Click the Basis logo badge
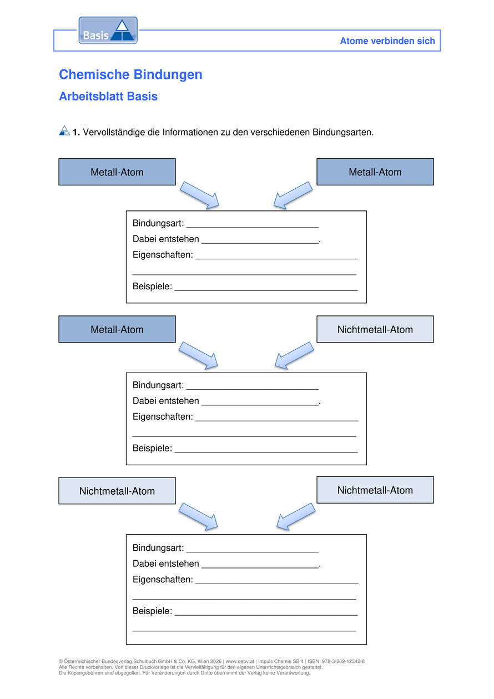(108, 31)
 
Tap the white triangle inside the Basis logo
(122, 26)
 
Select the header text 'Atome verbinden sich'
(387, 41)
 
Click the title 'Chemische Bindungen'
(131, 74)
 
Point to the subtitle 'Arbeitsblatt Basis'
(108, 97)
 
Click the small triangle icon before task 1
(64, 130)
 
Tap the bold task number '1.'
(76, 132)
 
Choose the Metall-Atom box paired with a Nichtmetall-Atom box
(117, 329)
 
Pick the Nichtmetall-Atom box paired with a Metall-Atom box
(375, 329)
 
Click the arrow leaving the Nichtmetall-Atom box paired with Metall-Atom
(294, 355)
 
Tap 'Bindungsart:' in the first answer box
(158, 223)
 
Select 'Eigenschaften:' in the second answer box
(163, 416)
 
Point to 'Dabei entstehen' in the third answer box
(166, 564)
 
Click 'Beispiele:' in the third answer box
(152, 611)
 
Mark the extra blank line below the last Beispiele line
(244, 631)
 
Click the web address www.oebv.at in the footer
(240, 661)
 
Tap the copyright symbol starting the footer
(61, 661)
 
